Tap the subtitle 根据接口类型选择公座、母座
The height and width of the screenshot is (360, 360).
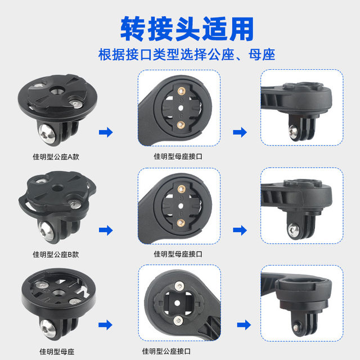(179, 55)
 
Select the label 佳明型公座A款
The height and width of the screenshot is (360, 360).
(56, 157)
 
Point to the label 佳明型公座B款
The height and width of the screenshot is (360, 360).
(56, 254)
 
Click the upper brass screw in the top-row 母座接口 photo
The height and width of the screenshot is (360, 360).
(181, 91)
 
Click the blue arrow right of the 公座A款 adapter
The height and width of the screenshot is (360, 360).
(105, 133)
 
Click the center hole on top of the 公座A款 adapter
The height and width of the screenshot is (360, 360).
(58, 90)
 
